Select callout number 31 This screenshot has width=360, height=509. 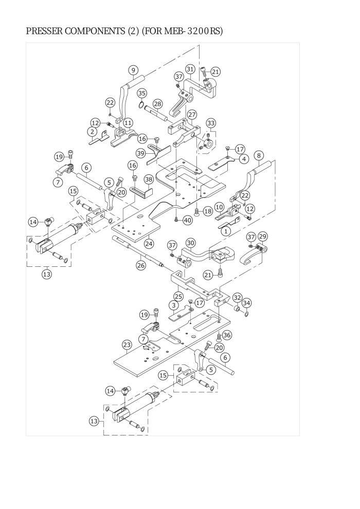click(190, 69)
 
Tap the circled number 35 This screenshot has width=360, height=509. click(141, 93)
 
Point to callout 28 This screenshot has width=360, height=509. click(157, 104)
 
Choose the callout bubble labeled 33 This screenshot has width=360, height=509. click(210, 123)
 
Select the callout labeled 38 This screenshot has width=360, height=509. click(148, 179)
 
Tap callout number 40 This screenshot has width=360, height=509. click(187, 220)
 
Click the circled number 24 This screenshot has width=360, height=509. click(149, 243)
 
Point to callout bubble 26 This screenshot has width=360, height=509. click(141, 265)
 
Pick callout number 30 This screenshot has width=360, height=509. click(190, 242)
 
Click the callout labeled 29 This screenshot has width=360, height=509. click(263, 236)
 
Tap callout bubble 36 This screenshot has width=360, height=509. click(227, 335)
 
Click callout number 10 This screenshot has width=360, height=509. click(218, 207)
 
